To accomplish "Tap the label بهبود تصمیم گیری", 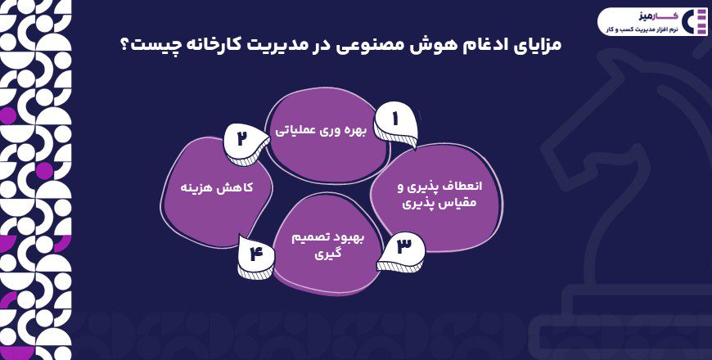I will click(327, 245).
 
